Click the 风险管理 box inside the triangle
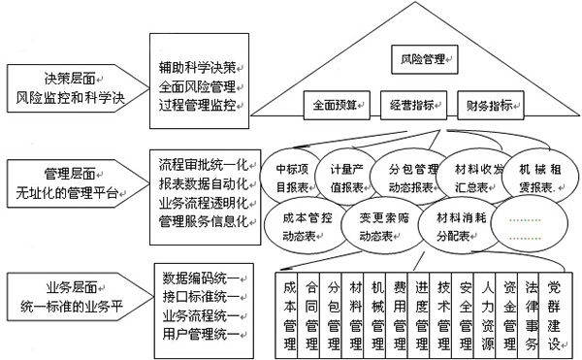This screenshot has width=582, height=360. pyautogui.click(x=423, y=61)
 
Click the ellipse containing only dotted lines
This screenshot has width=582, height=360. pyautogui.click(x=529, y=228)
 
